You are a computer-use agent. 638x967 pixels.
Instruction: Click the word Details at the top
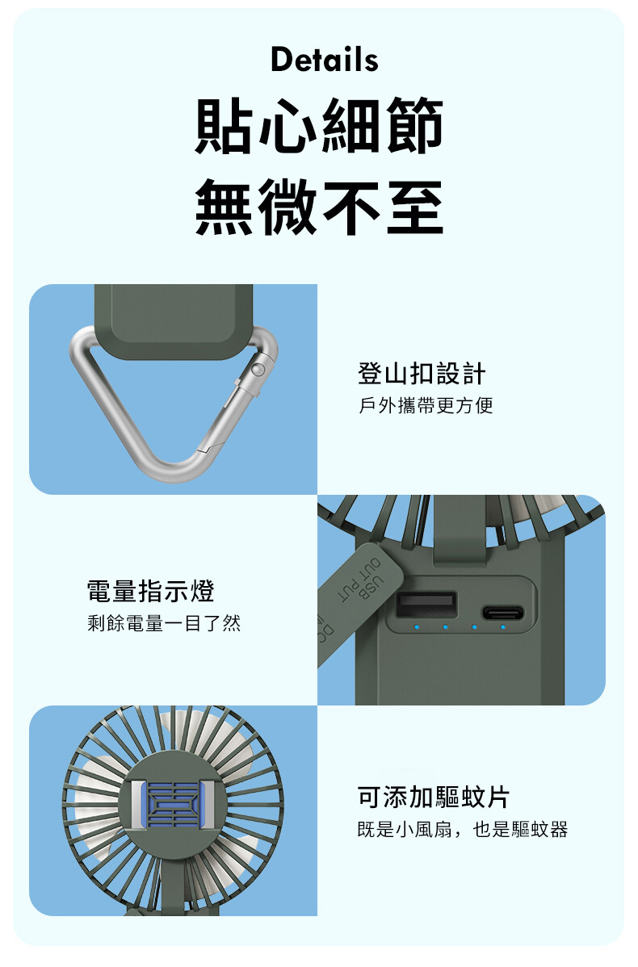tap(325, 60)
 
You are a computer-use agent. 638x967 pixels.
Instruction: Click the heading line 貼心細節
tap(319, 126)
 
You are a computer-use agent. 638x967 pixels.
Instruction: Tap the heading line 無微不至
tap(319, 207)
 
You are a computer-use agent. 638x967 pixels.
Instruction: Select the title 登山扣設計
tap(422, 374)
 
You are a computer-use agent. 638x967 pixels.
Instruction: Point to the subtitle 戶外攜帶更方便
tap(426, 405)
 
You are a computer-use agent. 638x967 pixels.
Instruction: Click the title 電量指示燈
tap(150, 591)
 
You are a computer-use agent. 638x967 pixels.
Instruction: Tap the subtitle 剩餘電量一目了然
tap(164, 623)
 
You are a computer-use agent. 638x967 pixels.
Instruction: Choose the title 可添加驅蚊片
tap(434, 797)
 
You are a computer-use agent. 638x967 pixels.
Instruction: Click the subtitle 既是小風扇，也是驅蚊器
tap(463, 830)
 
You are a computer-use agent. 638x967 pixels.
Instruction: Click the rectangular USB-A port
tap(427, 604)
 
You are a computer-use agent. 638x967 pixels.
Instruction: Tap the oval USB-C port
tap(503, 613)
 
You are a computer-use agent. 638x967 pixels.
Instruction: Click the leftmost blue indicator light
tap(417, 627)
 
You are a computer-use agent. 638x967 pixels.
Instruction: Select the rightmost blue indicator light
tap(503, 627)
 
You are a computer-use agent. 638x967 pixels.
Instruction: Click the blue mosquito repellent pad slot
tap(174, 805)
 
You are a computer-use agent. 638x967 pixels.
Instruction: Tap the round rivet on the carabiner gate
tap(258, 370)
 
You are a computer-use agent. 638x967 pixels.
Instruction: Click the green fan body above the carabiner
tap(174, 321)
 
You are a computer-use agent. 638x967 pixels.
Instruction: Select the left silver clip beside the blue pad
tap(138, 805)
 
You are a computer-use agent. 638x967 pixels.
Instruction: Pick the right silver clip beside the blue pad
tap(208, 805)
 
